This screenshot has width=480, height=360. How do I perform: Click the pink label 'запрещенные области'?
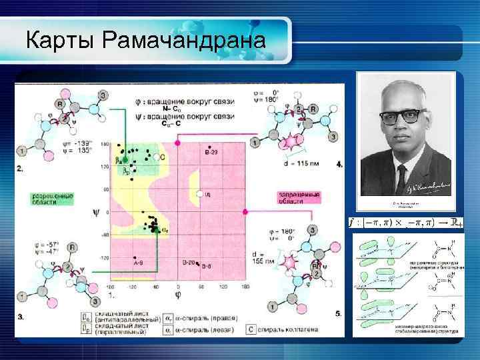click(299, 198)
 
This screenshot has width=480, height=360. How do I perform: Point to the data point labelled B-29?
click(211, 151)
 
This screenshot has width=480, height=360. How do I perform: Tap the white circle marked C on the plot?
click(155, 157)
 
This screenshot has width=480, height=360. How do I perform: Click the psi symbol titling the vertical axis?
click(96, 214)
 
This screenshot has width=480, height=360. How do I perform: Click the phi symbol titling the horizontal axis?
click(175, 294)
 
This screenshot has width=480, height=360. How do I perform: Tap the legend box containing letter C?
click(249, 329)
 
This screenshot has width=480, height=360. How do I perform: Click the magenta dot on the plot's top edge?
click(177, 142)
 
